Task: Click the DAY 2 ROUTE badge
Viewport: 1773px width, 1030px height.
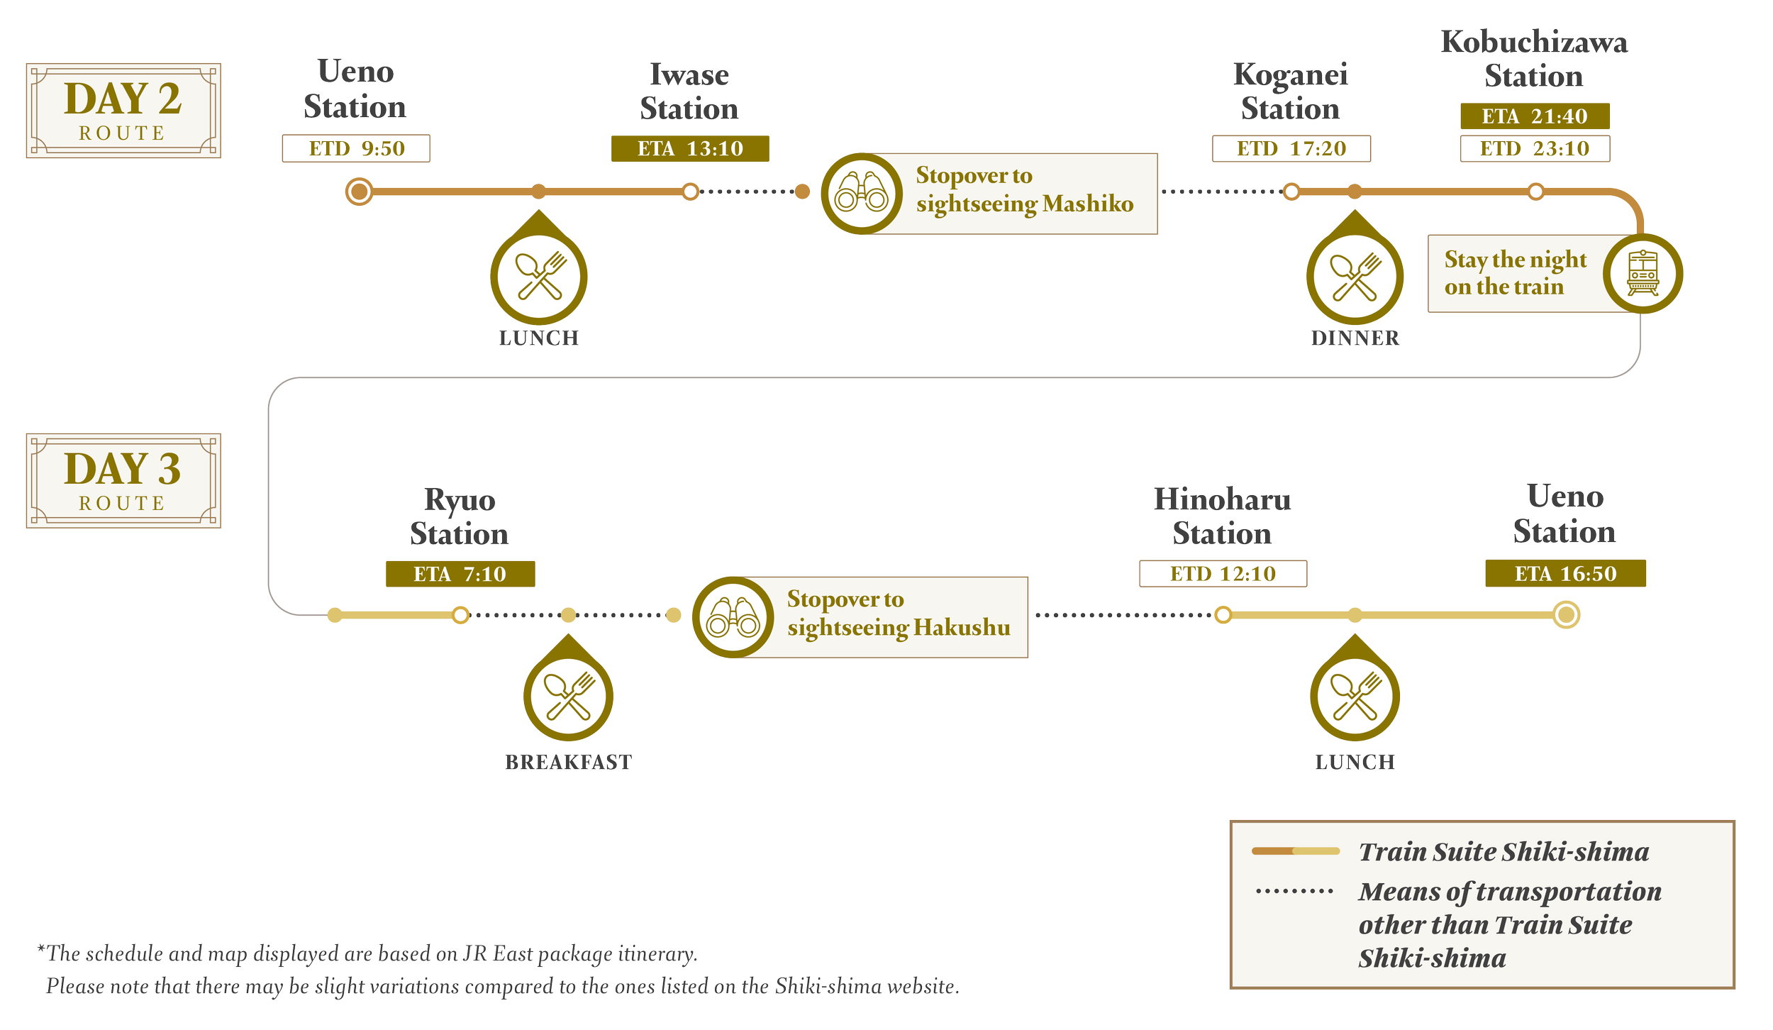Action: [123, 110]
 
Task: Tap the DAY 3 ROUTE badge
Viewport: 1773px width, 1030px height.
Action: [123, 480]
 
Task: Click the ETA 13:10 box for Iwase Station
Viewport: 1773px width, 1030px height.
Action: [689, 149]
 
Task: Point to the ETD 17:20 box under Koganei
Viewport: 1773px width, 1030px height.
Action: [1291, 149]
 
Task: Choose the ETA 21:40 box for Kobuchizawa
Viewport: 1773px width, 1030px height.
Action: [1535, 116]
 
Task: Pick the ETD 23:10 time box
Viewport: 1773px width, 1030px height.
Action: [1535, 149]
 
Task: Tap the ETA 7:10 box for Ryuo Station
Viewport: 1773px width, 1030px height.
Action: [460, 574]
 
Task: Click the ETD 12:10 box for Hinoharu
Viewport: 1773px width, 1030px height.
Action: [1223, 574]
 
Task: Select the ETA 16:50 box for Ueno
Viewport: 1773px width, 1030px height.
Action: [1565, 574]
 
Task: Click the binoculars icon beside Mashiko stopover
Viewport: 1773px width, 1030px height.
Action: [861, 194]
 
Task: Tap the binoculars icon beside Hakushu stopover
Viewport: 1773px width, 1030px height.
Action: [733, 617]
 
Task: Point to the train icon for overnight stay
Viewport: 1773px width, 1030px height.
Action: [1643, 274]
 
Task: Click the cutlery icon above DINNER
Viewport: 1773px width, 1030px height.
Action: [1355, 277]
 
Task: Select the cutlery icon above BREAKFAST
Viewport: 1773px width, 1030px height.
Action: [568, 695]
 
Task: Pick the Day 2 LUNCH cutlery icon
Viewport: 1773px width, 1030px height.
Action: [539, 277]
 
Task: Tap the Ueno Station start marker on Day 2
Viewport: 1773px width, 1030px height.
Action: [359, 192]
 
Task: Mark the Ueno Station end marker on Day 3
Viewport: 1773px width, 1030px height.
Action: [1566, 614]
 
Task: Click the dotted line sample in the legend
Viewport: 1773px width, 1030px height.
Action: [1294, 891]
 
